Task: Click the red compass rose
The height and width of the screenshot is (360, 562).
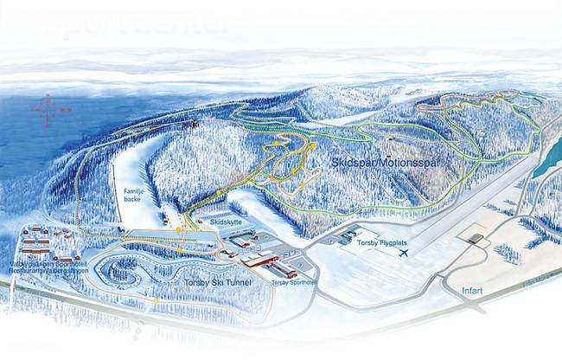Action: pos(48,109)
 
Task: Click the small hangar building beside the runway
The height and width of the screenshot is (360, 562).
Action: pos(475,237)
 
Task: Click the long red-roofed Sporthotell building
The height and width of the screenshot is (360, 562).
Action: pos(259,260)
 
